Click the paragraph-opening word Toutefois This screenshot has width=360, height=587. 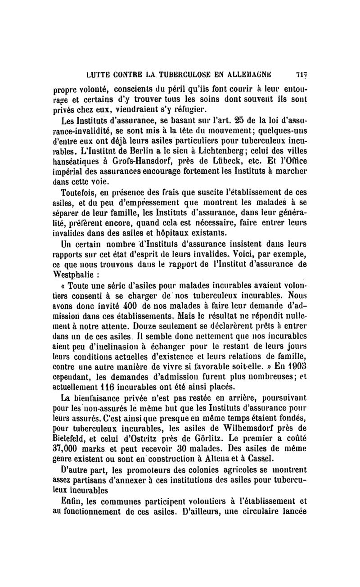tap(79, 192)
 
